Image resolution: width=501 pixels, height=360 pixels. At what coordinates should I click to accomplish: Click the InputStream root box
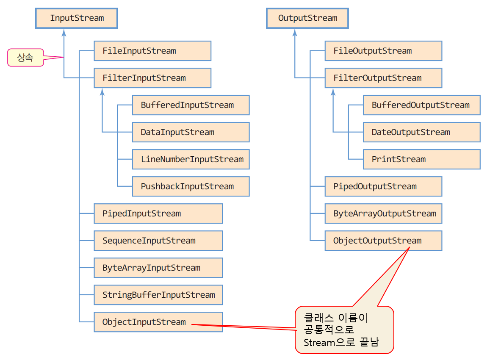(x=76, y=18)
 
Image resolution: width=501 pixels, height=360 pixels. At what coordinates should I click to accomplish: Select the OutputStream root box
(x=307, y=18)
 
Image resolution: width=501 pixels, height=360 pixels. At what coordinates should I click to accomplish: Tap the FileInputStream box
(x=152, y=51)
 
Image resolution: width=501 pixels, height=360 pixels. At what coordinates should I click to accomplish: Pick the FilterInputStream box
(x=152, y=78)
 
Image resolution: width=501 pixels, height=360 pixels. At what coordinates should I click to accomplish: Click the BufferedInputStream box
(x=191, y=105)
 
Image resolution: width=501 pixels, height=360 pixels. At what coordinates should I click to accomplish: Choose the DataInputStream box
(x=191, y=132)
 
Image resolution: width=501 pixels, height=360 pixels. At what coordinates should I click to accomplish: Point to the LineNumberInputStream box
(x=191, y=159)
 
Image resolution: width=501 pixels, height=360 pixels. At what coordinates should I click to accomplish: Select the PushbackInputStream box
(x=191, y=186)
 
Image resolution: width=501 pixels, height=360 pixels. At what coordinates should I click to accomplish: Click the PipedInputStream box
(x=158, y=213)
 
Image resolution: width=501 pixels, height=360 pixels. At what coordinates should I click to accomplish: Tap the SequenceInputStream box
(x=158, y=241)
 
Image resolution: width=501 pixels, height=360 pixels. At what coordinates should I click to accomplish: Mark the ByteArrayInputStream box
(x=158, y=268)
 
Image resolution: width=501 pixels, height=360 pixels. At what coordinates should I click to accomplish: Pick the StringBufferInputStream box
(x=158, y=295)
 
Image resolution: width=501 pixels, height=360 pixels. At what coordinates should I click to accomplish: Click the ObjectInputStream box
(x=158, y=322)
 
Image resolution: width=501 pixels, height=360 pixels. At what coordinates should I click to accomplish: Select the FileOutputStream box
(x=383, y=51)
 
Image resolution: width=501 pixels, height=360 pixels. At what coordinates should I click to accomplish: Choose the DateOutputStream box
(x=421, y=132)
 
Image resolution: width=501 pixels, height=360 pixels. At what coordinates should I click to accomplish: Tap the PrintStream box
(x=421, y=159)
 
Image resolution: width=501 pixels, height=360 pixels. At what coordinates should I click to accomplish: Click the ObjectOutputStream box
(x=383, y=241)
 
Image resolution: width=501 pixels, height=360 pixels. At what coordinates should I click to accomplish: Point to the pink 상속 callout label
(x=25, y=58)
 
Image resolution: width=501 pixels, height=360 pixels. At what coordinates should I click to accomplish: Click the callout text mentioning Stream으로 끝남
(x=344, y=330)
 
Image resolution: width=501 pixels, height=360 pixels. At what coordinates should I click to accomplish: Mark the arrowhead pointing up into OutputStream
(x=295, y=32)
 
